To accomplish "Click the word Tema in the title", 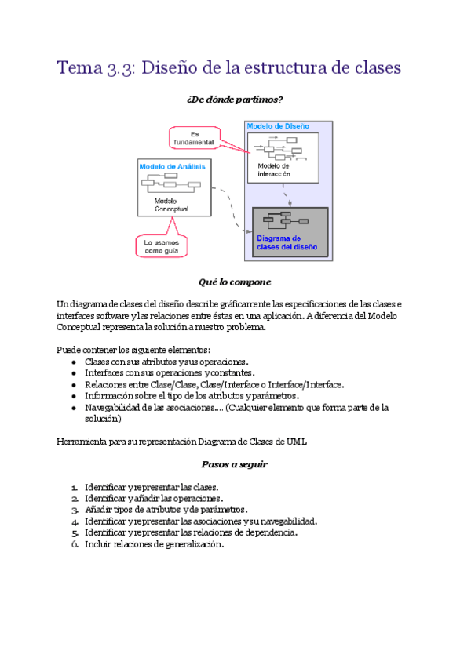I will point(79,68).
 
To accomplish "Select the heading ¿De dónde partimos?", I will point(235,100).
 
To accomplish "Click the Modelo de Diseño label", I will point(278,126).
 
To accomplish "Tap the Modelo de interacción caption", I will point(275,171).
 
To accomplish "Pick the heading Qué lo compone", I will point(235,282).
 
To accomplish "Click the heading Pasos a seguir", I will point(235,464).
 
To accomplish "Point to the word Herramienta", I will point(82,442).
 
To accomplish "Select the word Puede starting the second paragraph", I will point(68,349).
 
